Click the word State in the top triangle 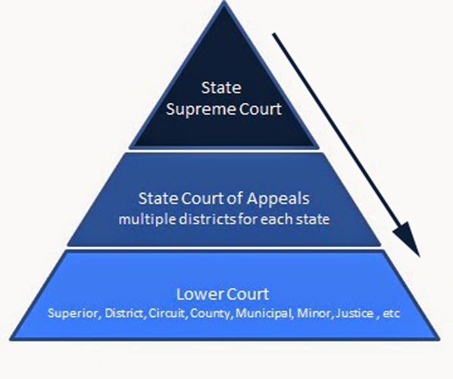(221, 88)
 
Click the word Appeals (278, 199)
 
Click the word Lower (199, 294)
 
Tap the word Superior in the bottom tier (74, 313)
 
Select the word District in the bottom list (124, 313)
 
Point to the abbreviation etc (392, 314)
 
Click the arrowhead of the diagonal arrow (419, 255)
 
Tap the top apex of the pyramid (224, 2)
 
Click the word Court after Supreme (261, 110)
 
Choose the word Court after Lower (247, 294)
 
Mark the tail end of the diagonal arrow (273, 34)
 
